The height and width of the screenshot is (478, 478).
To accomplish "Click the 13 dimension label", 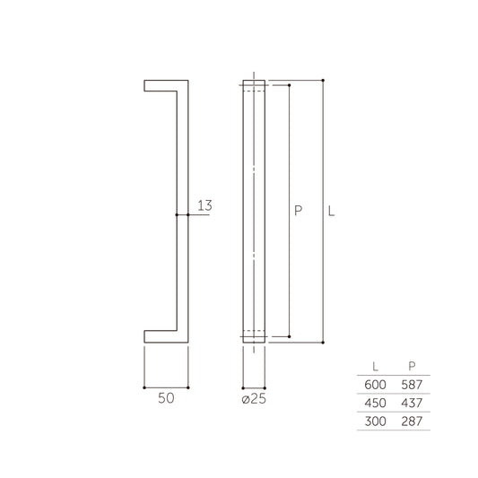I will [204, 206].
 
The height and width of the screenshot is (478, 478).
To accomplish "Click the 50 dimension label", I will [166, 398].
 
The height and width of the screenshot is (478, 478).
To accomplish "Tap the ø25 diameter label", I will [255, 398].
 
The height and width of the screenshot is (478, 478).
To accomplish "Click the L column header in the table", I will [374, 366].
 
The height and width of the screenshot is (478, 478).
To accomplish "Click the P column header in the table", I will [411, 366].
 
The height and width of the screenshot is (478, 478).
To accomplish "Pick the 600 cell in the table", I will [374, 384].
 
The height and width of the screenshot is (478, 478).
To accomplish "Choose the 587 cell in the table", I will [412, 384].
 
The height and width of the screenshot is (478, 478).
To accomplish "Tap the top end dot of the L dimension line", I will [322, 80].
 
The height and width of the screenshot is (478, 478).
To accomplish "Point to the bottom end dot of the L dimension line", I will [322, 343].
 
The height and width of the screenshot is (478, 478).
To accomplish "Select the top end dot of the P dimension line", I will [289, 85].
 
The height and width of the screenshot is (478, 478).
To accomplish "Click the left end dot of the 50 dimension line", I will [144, 387].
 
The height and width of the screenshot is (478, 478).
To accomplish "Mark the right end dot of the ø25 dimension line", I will [265, 387].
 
